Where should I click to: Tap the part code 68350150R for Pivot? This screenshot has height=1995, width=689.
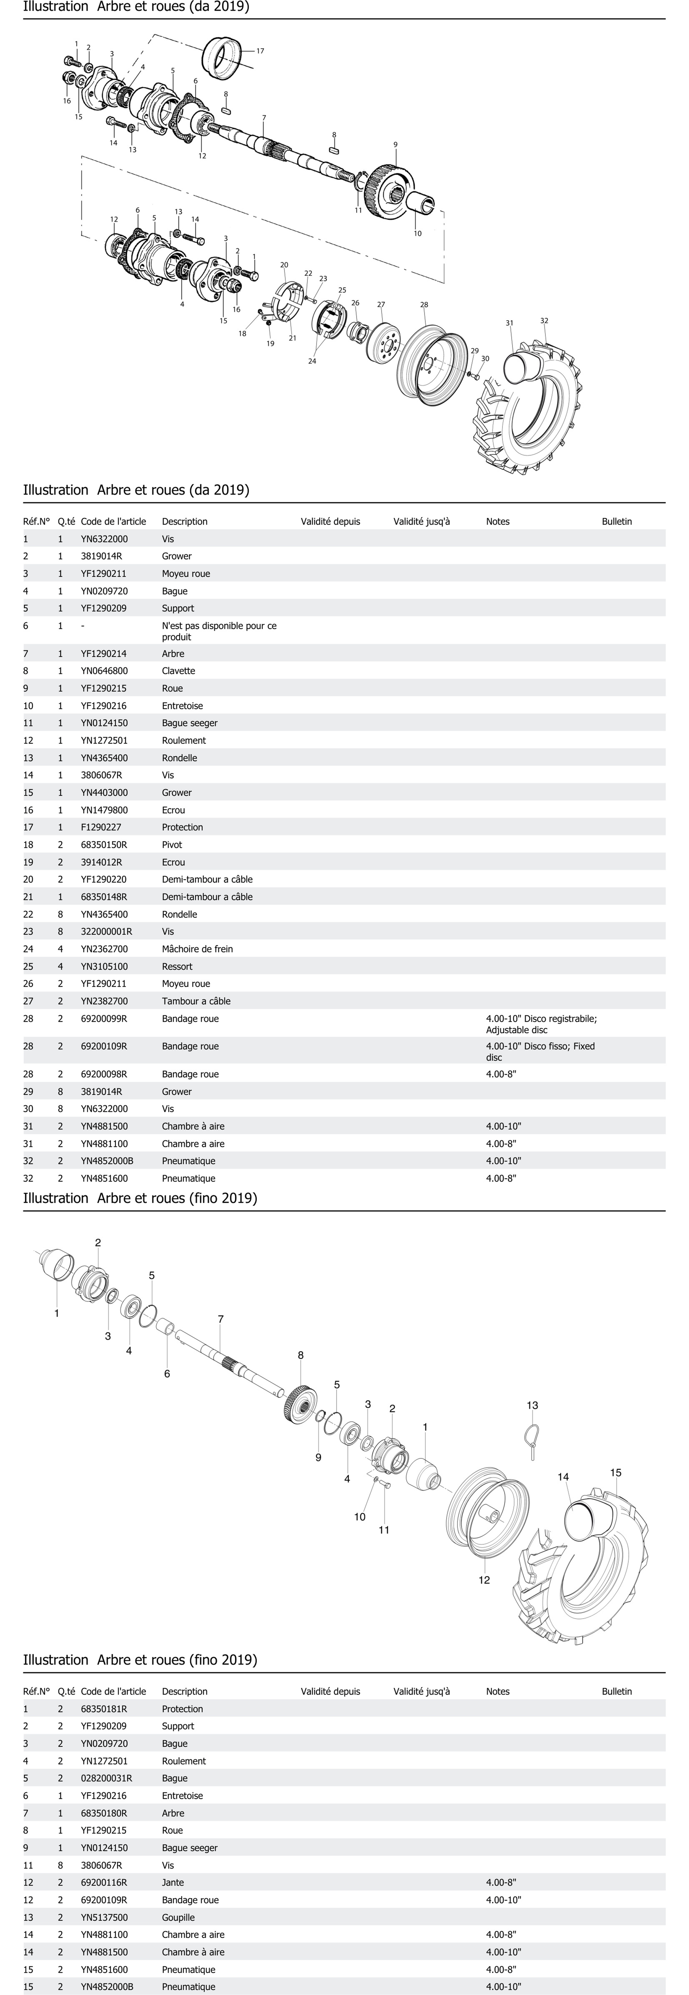point(104,844)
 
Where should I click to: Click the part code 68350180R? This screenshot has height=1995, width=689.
point(104,1813)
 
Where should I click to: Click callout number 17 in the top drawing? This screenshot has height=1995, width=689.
point(260,51)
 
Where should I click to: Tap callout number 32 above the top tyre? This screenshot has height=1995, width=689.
point(544,321)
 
